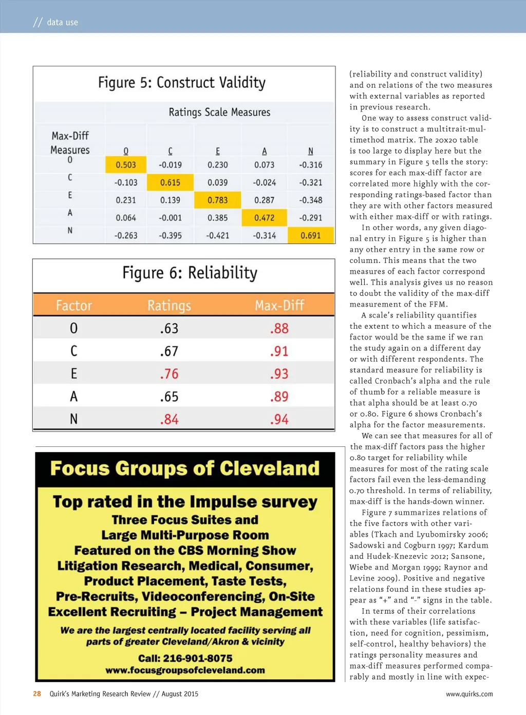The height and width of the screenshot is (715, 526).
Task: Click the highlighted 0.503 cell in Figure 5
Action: [x=126, y=165]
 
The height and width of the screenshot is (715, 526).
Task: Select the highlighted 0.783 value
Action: [x=217, y=200]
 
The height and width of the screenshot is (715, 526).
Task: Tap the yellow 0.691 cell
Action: [x=311, y=236]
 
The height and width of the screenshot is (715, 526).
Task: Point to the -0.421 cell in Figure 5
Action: [x=217, y=236]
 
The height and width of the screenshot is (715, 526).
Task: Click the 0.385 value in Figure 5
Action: [x=217, y=218]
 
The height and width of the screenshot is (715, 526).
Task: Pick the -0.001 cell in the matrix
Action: [x=170, y=218]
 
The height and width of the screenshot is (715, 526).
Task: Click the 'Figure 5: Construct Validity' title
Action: [x=182, y=83]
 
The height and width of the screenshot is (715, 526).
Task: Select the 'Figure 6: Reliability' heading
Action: [x=190, y=273]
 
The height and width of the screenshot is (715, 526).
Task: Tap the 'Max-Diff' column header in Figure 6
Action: [x=279, y=306]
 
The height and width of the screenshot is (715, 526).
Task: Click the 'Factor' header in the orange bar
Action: [x=74, y=306]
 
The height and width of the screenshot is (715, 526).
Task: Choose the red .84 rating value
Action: [x=169, y=420]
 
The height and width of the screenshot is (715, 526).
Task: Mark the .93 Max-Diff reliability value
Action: [x=279, y=374]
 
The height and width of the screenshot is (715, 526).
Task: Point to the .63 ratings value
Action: [x=169, y=329]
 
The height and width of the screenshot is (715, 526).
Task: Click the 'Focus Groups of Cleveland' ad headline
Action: [x=185, y=468]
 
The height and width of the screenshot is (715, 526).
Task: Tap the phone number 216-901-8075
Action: [x=185, y=658]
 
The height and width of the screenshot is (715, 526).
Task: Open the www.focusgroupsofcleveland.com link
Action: [x=185, y=670]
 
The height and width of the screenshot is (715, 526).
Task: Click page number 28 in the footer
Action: [x=37, y=694]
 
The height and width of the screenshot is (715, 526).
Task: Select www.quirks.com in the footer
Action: [x=469, y=694]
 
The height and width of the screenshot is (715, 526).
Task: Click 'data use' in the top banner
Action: [x=62, y=22]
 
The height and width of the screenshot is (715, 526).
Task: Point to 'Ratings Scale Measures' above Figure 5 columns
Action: [x=219, y=112]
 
